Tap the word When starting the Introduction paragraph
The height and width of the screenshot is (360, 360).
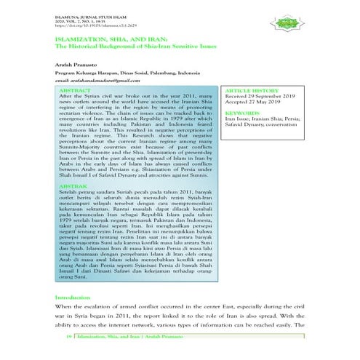click(66, 309)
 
